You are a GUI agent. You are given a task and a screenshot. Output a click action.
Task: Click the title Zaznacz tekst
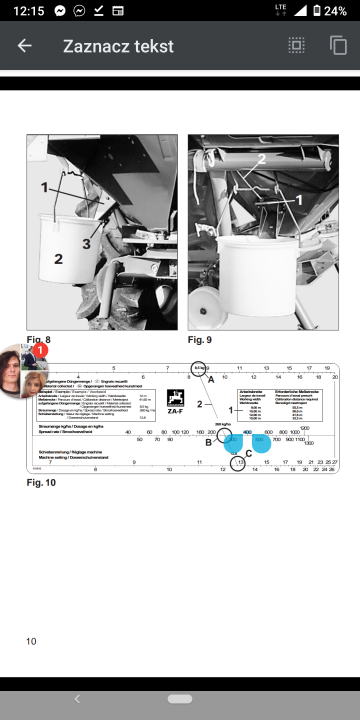[118, 46]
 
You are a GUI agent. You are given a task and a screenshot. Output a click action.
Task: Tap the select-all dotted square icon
[296, 46]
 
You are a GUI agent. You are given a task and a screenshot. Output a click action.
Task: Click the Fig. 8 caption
[39, 340]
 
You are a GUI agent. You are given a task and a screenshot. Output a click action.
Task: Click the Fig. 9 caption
[200, 340]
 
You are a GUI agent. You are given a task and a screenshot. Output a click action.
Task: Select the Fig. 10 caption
[41, 482]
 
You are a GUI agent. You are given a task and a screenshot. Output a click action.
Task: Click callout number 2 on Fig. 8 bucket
[58, 259]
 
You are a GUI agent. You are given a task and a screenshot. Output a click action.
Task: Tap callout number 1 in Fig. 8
[44, 187]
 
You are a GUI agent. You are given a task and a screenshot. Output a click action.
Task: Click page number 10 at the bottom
[31, 641]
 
